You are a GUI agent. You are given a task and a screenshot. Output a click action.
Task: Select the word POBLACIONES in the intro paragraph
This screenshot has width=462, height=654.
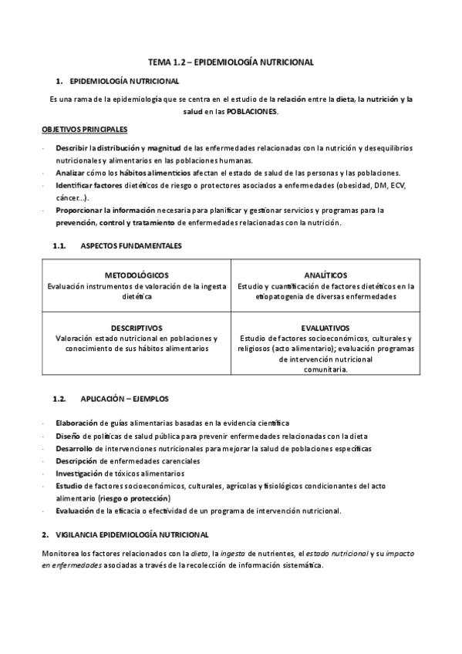click(x=251, y=111)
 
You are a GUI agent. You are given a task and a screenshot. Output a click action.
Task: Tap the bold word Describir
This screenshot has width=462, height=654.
click(x=72, y=147)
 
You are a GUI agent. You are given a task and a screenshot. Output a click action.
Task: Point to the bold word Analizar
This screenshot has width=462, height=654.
click(x=71, y=173)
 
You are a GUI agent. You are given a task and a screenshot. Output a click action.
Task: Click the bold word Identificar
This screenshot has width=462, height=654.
click(x=76, y=185)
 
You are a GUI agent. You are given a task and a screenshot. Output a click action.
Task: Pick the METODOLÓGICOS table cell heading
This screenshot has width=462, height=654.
click(x=137, y=275)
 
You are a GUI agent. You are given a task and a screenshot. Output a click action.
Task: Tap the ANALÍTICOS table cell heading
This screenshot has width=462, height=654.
click(x=325, y=275)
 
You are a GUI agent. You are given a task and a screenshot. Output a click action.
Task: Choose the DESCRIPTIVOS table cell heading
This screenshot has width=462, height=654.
click(x=137, y=328)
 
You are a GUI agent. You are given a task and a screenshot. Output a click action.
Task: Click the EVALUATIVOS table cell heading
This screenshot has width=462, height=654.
click(x=325, y=328)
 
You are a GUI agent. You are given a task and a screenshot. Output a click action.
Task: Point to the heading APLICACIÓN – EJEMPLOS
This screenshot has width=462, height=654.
click(x=124, y=399)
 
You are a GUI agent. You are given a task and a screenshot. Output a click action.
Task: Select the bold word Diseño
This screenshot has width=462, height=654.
click(x=68, y=436)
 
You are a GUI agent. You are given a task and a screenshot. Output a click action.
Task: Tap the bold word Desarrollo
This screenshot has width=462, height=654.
click(x=74, y=448)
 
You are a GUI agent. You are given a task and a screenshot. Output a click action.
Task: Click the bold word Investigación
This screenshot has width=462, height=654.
click(x=79, y=474)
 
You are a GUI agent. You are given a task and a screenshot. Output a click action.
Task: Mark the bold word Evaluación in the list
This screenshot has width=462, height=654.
click(x=76, y=511)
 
